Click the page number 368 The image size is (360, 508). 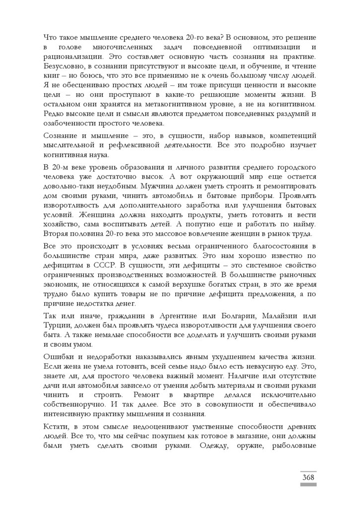[x=308, y=477]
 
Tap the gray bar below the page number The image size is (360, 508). [x=308, y=485]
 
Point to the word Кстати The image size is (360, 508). [x=57, y=427]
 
